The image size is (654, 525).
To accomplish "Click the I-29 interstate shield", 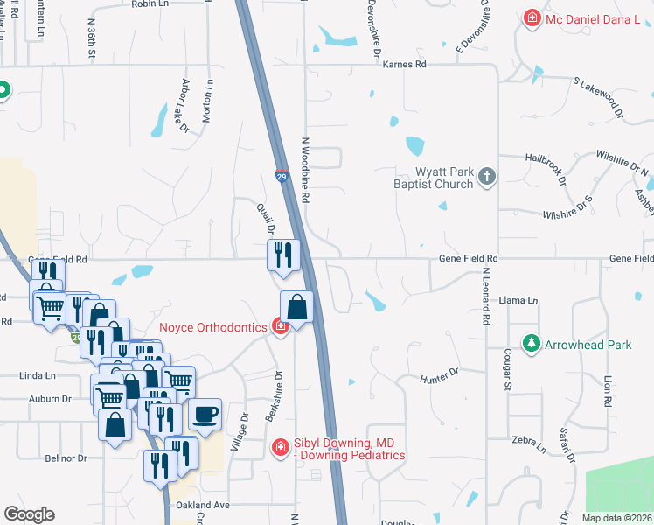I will pyautogui.click(x=282, y=176).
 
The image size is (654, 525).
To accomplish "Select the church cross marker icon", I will pyautogui.click(x=487, y=178).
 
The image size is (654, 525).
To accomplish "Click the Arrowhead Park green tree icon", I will pyautogui.click(x=529, y=344).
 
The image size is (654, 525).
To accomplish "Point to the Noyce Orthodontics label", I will pyautogui.click(x=212, y=328).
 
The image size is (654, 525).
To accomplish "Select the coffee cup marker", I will pyautogui.click(x=205, y=414).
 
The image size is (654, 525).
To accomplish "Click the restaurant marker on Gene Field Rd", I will pyautogui.click(x=283, y=255).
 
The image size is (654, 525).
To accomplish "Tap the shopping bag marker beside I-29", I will pyautogui.click(x=296, y=308).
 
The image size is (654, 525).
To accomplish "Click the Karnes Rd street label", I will pyautogui.click(x=407, y=65).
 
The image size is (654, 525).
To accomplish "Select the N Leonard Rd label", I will pyautogui.click(x=485, y=297).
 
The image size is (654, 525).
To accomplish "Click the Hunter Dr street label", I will pyautogui.click(x=440, y=375).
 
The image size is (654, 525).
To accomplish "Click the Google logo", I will pyautogui.click(x=29, y=514).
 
